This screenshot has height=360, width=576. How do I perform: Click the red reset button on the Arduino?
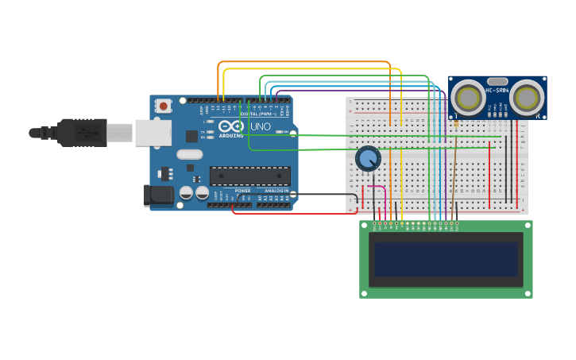(163, 105)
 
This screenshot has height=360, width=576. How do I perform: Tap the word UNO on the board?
(261, 126)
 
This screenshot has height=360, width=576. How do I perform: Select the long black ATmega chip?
(249, 176)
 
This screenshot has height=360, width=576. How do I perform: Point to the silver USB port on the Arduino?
(153, 133)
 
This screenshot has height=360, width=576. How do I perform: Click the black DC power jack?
(157, 195)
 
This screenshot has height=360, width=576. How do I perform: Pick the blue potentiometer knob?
(368, 159)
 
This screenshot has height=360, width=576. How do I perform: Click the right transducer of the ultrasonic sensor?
(527, 99)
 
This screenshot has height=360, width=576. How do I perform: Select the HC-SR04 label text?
(497, 90)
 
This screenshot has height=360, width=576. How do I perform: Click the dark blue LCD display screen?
(446, 259)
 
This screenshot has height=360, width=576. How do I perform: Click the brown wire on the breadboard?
(454, 175)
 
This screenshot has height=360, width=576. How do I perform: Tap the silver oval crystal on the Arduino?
(189, 154)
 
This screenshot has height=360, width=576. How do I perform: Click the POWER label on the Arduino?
(242, 192)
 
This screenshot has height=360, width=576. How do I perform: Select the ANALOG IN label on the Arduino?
(276, 192)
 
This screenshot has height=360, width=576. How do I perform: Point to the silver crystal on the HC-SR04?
(497, 81)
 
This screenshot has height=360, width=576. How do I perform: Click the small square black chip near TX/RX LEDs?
(191, 136)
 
